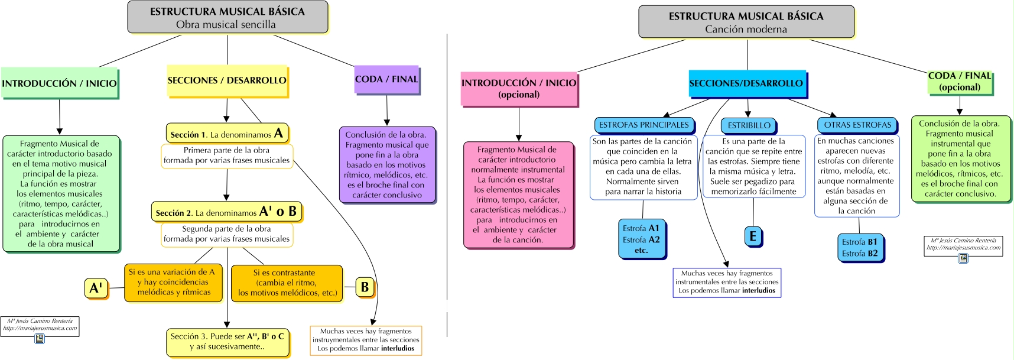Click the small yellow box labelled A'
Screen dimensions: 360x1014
click(x=96, y=288)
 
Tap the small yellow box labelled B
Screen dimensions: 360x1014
click(x=365, y=287)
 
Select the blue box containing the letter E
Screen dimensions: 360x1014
click(x=752, y=236)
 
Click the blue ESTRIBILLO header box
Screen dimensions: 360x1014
click(x=749, y=125)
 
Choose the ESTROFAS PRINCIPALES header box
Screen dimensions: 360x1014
click(x=643, y=125)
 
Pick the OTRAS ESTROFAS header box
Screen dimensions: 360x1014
click(x=857, y=125)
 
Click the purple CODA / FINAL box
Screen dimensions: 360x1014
click(x=386, y=79)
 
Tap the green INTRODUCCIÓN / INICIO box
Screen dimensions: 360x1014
click(x=59, y=83)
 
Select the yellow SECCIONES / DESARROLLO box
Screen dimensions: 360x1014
click(x=227, y=80)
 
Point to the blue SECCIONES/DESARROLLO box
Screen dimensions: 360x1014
click(x=746, y=83)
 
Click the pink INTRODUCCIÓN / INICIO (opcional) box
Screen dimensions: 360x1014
click(x=519, y=89)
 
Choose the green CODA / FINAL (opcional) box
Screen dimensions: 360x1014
click(x=960, y=82)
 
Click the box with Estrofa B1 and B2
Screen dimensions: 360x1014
click(x=860, y=248)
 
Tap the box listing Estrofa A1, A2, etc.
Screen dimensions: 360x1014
click(x=641, y=239)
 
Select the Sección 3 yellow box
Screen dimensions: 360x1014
click(x=227, y=342)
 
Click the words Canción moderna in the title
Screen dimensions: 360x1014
click(x=746, y=29)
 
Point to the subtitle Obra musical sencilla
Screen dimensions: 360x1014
click(x=226, y=24)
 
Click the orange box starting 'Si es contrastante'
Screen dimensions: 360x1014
click(x=287, y=283)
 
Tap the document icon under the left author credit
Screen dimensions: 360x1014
click(x=40, y=339)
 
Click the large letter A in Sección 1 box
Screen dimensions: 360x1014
click(x=278, y=133)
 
